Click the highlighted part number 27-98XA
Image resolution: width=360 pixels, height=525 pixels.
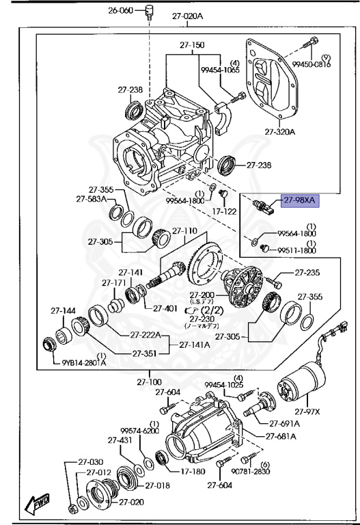tap(300, 200)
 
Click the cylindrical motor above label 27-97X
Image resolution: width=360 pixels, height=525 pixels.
tap(301, 388)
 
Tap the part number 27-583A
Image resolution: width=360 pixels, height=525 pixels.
tap(93, 199)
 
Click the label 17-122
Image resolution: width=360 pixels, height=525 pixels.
tap(223, 211)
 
